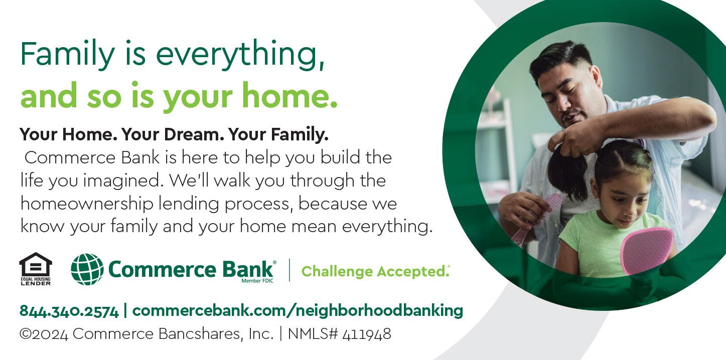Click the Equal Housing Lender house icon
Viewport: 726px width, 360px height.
tap(35, 269)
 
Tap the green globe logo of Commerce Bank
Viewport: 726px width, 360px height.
tap(87, 269)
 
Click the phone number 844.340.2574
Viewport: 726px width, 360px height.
tap(69, 311)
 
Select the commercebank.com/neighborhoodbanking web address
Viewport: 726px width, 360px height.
tap(298, 310)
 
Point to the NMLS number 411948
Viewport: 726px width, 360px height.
tap(367, 334)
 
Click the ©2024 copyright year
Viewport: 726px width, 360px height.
tap(44, 334)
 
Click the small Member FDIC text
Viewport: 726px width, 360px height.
tap(257, 281)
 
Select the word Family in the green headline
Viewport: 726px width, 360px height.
tap(67, 54)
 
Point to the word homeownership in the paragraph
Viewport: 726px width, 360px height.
tap(87, 204)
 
